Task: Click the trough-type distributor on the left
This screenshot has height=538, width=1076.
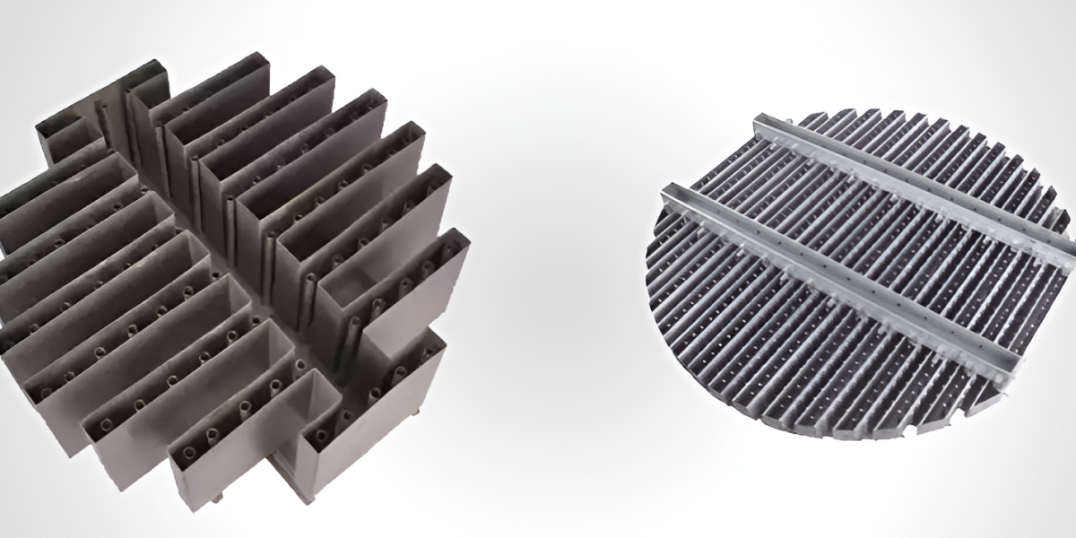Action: click(224, 287)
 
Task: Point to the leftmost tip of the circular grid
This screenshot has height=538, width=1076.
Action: click(648, 269)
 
